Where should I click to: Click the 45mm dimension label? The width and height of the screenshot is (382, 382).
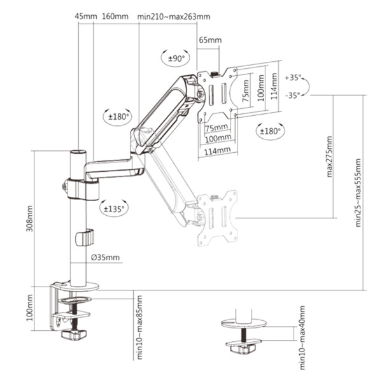pos(86,17)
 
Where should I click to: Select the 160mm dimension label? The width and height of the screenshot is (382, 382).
pos(115,17)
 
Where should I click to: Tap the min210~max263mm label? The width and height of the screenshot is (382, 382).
pos(174,17)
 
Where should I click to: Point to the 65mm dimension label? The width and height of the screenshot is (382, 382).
pos(210,40)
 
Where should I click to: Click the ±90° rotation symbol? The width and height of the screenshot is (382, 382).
pos(176,59)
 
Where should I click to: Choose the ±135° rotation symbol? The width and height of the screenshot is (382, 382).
pos(114,209)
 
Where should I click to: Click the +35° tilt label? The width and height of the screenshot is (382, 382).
pos(293,78)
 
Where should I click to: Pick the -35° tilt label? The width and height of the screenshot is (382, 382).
pos(293,95)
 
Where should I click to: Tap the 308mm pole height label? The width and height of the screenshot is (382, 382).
pos(30,218)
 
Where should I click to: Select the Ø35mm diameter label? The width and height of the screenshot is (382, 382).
pos(105,257)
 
